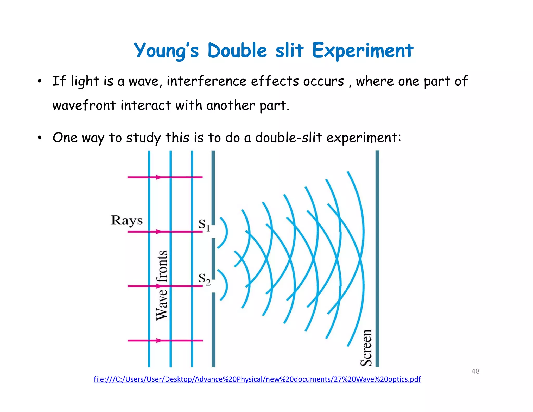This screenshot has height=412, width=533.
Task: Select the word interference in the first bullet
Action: coord(206,81)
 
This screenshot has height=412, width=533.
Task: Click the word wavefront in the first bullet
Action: coord(84,106)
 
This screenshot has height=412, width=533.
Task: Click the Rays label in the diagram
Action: coord(127,221)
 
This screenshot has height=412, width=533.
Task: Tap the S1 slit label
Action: coord(204,224)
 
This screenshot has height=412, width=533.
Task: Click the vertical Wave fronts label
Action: coord(162,285)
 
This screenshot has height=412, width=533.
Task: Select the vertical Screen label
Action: coord(366,348)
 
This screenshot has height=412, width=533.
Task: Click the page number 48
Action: coord(475,371)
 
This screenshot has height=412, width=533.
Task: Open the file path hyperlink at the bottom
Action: coord(257,379)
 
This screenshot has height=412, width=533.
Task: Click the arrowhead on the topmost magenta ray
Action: coord(158,177)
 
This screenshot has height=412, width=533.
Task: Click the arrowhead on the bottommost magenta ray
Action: coord(158,340)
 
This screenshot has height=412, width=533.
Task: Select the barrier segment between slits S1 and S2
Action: coord(213,258)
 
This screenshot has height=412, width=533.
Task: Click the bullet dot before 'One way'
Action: coord(39,138)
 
